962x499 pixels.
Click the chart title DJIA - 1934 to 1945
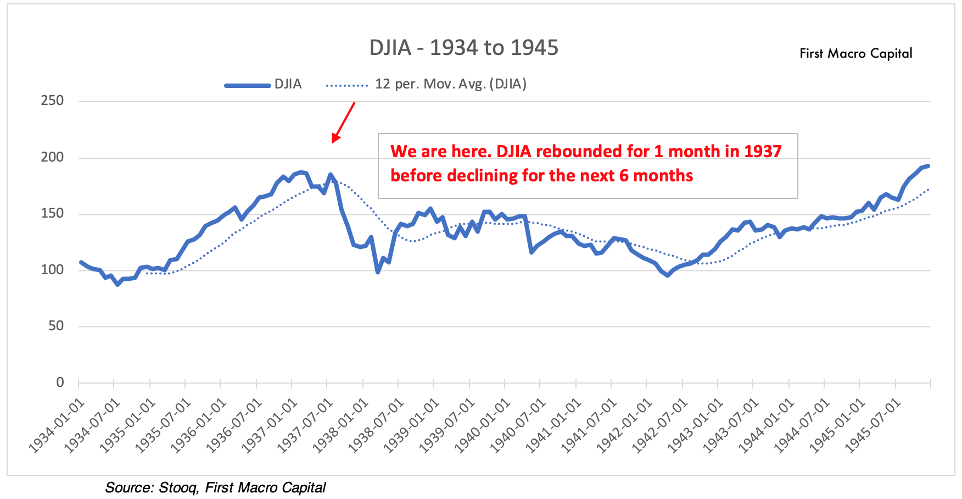(x=463, y=48)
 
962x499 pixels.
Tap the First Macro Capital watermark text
(x=855, y=53)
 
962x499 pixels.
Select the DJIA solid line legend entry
(x=264, y=84)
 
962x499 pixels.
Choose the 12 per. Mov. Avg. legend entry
(x=426, y=84)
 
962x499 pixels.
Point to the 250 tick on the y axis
(x=52, y=101)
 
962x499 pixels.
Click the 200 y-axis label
(x=52, y=157)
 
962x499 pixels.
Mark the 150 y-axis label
(x=52, y=213)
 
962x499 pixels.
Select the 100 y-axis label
(x=52, y=270)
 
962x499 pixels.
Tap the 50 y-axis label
(x=56, y=326)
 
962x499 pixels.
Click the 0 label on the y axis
(x=60, y=382)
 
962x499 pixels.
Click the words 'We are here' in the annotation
(x=439, y=151)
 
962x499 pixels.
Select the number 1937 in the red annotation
(x=762, y=151)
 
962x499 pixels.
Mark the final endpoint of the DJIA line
(x=929, y=165)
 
